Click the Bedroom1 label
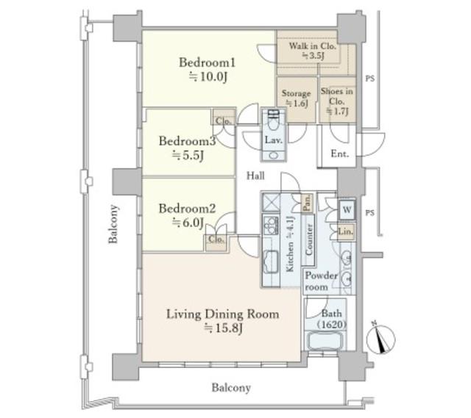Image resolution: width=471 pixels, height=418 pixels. click(x=208, y=62)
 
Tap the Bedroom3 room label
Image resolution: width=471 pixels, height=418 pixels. click(x=187, y=141)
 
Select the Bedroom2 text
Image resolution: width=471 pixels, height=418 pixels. click(x=187, y=209)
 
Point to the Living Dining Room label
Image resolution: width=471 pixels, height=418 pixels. click(x=222, y=314)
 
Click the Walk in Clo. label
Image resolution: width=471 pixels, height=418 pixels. click(x=312, y=46)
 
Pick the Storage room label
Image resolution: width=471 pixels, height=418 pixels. click(x=296, y=93)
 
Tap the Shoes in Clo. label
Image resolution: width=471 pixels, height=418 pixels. click(x=337, y=96)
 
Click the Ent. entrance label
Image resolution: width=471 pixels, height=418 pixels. click(x=340, y=154)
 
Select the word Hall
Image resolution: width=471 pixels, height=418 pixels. click(x=255, y=176)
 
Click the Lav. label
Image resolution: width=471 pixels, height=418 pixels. click(x=273, y=140)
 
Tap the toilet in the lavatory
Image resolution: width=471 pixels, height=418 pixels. click(x=273, y=120)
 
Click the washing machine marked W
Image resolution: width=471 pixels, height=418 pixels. click(x=347, y=209)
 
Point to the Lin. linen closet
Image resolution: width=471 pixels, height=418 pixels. click(x=346, y=231)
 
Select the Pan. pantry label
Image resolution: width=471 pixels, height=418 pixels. click(x=307, y=203)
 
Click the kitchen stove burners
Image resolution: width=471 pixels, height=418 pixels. click(x=272, y=225)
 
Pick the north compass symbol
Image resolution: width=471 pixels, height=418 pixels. click(x=380, y=338)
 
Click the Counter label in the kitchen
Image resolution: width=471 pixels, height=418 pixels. click(x=308, y=240)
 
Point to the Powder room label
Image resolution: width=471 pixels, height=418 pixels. click(x=321, y=281)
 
